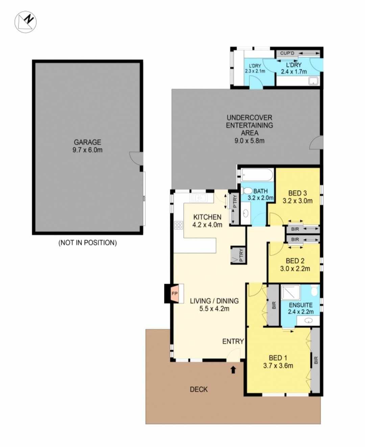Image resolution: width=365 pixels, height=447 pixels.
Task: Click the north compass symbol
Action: coord(25,22)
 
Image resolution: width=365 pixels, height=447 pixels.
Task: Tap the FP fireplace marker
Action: coord(175,293)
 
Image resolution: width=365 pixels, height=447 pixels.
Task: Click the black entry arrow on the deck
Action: coord(233,370)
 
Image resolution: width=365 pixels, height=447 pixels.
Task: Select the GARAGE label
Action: coord(88,142)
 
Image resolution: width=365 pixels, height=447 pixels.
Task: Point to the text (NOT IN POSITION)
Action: coord(88,242)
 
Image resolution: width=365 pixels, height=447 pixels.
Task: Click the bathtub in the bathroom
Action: coord(258,175)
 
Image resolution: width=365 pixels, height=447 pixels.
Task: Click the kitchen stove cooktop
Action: coord(179,225)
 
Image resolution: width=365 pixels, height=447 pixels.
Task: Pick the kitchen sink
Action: coord(198,198)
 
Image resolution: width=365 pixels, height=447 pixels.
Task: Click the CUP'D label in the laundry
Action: coord(287,53)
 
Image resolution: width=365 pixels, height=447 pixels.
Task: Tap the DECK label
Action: coord(199,389)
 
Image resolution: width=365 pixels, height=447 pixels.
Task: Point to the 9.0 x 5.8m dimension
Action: coord(249,140)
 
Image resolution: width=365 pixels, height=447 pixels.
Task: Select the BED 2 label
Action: coord(295,261)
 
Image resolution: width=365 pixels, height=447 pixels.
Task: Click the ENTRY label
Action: coord(233,341)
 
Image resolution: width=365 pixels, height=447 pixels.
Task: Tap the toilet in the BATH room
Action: coord(247,191)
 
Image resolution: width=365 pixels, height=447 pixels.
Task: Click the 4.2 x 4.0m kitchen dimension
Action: coord(207,225)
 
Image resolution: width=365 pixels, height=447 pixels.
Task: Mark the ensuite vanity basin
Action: coord(308,321)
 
